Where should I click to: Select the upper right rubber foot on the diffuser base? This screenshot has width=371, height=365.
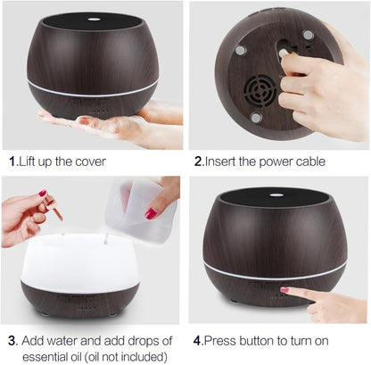click(x=307, y=35)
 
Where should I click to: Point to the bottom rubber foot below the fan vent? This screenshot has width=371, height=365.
click(x=256, y=117)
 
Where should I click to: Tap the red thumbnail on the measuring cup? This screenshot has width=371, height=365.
click(x=152, y=214)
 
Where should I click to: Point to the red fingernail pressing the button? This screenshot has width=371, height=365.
click(x=284, y=289)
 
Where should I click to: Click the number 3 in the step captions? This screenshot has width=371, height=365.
click(x=12, y=340)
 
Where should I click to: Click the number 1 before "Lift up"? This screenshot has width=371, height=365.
click(x=12, y=162)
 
